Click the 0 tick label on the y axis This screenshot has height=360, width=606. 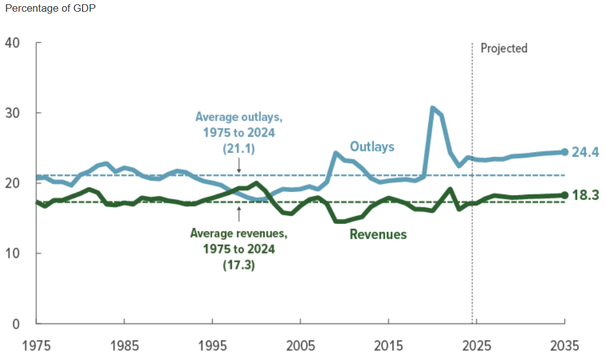point(17,324)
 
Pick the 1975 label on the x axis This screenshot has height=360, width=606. point(37,344)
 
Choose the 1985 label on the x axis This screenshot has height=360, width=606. point(125,344)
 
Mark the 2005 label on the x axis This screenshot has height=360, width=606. point(300,344)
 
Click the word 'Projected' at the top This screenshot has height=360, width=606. point(504,48)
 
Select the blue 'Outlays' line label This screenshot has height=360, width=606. point(372,146)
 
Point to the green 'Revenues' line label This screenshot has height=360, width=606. point(378,234)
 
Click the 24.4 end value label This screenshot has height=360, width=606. point(586,152)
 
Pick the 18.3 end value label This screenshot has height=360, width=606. point(586,195)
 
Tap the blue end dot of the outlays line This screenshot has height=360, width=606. point(564,152)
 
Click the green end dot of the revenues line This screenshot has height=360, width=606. point(564,195)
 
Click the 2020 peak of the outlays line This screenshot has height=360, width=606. point(433,108)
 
